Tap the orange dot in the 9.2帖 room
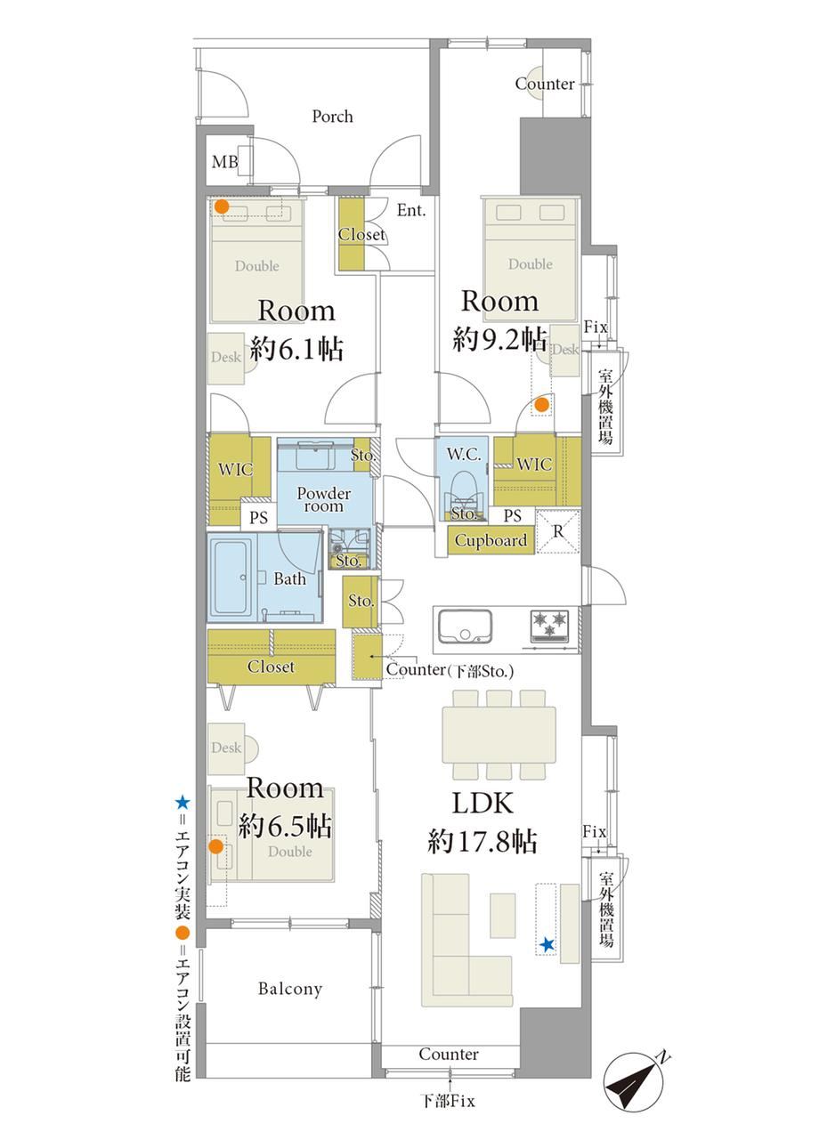541,405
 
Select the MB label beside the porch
225,162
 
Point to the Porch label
332,117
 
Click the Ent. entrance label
411,210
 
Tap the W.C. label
463,454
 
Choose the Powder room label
323,499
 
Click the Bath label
289,579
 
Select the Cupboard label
491,540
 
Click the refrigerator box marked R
557,531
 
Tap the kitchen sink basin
465,626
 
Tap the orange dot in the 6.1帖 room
222,206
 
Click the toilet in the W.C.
463,492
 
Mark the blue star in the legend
183,803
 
